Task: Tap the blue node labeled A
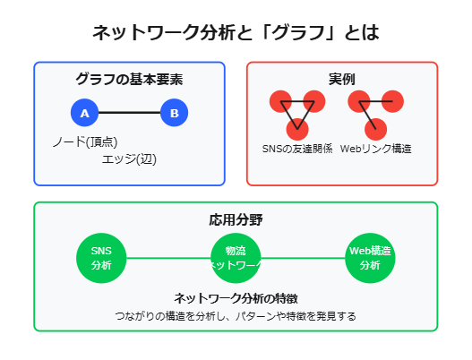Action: click(x=84, y=114)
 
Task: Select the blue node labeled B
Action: click(x=174, y=114)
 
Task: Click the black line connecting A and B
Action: click(x=129, y=114)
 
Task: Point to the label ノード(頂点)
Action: click(x=85, y=141)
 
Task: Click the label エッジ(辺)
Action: click(x=129, y=159)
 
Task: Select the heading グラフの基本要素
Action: click(x=129, y=80)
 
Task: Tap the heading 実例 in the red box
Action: click(x=342, y=79)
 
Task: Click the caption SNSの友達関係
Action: click(x=296, y=149)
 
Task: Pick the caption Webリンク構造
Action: click(x=375, y=149)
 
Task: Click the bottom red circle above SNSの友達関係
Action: click(x=296, y=128)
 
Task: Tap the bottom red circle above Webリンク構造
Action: click(x=375, y=128)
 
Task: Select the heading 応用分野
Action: click(x=236, y=219)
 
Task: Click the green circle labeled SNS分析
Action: click(x=101, y=258)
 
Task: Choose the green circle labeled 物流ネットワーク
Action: click(x=236, y=258)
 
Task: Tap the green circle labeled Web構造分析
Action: click(x=370, y=258)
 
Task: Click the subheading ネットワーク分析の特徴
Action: click(x=236, y=298)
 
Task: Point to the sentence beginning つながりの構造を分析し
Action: click(x=236, y=316)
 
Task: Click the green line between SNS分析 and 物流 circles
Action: click(x=168, y=258)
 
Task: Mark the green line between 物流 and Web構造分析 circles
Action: click(x=303, y=258)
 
